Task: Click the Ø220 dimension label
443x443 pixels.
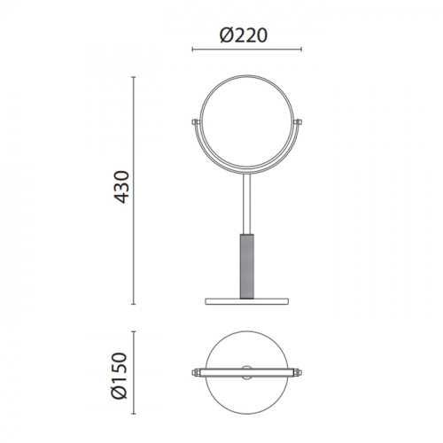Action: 244,35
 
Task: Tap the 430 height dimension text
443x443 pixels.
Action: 121,187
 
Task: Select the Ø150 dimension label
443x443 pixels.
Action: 120,376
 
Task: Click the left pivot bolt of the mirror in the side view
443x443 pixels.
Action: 195,121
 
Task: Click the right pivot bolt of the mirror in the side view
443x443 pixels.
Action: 298,121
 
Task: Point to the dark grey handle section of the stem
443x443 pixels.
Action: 246,266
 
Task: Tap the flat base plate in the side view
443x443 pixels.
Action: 246,301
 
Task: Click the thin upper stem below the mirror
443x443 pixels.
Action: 246,204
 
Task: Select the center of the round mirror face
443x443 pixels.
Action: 246,123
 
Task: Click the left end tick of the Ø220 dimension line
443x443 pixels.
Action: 192,49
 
